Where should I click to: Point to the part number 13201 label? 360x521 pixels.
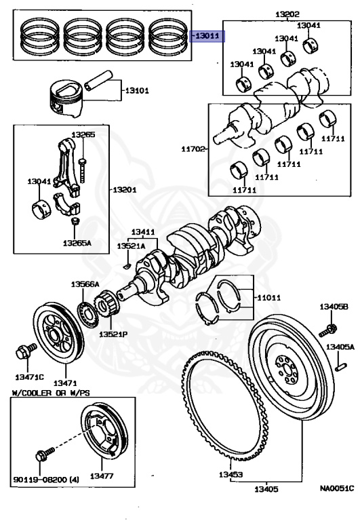(x=124, y=189)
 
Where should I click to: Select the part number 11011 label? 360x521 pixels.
(x=268, y=297)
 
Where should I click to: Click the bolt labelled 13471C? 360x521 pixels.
(x=22, y=351)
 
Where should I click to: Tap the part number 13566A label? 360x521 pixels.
(x=85, y=284)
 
